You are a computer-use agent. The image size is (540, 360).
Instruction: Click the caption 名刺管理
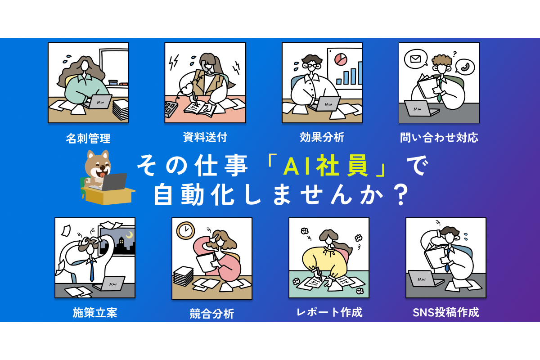pos(88,139)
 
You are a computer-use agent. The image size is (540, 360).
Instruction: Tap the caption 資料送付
pos(205,137)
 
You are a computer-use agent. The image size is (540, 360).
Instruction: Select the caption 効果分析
pos(322,137)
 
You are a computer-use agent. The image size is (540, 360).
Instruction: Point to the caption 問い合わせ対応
pos(439,137)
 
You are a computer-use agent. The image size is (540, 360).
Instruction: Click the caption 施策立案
pos(95,312)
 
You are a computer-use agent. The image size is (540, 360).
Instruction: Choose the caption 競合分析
pos(211,314)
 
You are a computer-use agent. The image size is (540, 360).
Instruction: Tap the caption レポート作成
pos(329,312)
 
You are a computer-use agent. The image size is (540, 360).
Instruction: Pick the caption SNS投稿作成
pos(446,312)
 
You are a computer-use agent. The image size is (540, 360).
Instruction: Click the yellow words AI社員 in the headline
pos(326,166)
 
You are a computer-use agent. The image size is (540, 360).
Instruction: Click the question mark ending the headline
pos(400,195)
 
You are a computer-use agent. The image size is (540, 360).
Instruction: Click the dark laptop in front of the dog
pos(113,182)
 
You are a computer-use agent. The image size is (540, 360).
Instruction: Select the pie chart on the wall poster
pos(341,59)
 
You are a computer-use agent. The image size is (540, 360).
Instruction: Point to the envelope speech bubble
pos(416,59)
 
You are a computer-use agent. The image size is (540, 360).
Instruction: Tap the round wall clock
pos(185,230)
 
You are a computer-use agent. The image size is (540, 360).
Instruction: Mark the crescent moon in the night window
pos(130,234)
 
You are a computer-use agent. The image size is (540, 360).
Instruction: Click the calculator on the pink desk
pos(171,109)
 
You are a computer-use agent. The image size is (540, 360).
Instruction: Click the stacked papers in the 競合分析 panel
pos(183,276)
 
